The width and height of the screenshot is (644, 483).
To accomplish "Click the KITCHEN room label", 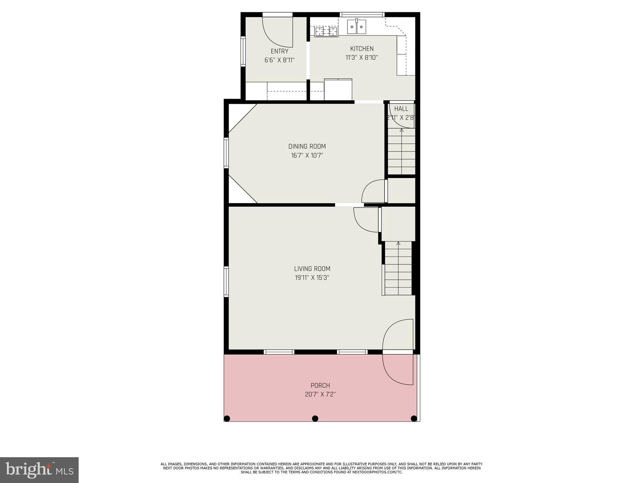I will tap(362, 49).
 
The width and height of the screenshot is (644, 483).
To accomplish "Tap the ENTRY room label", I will tap(279, 51).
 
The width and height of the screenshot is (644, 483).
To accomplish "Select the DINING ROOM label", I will tap(307, 146).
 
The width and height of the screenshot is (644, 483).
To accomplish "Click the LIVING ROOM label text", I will tap(312, 269).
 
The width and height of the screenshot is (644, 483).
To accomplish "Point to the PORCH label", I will tap(320, 385).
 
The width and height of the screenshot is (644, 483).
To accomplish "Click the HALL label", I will tap(401, 109).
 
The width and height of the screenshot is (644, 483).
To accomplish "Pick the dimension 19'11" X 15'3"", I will tap(312, 278).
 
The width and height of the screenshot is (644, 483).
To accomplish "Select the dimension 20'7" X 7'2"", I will tap(320, 394).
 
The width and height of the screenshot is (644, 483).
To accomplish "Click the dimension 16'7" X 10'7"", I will tap(307, 155).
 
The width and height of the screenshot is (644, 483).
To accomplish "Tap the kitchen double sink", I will tap(357, 27).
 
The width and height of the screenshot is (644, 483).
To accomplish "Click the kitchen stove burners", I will tap(326, 31).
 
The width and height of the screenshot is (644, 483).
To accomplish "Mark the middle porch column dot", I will tap(315, 418).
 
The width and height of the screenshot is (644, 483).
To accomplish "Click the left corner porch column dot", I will tap(227, 418).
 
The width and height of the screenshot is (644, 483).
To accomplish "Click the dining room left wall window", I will tap(226, 153).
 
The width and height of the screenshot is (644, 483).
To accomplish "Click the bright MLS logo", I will tap(39, 470).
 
